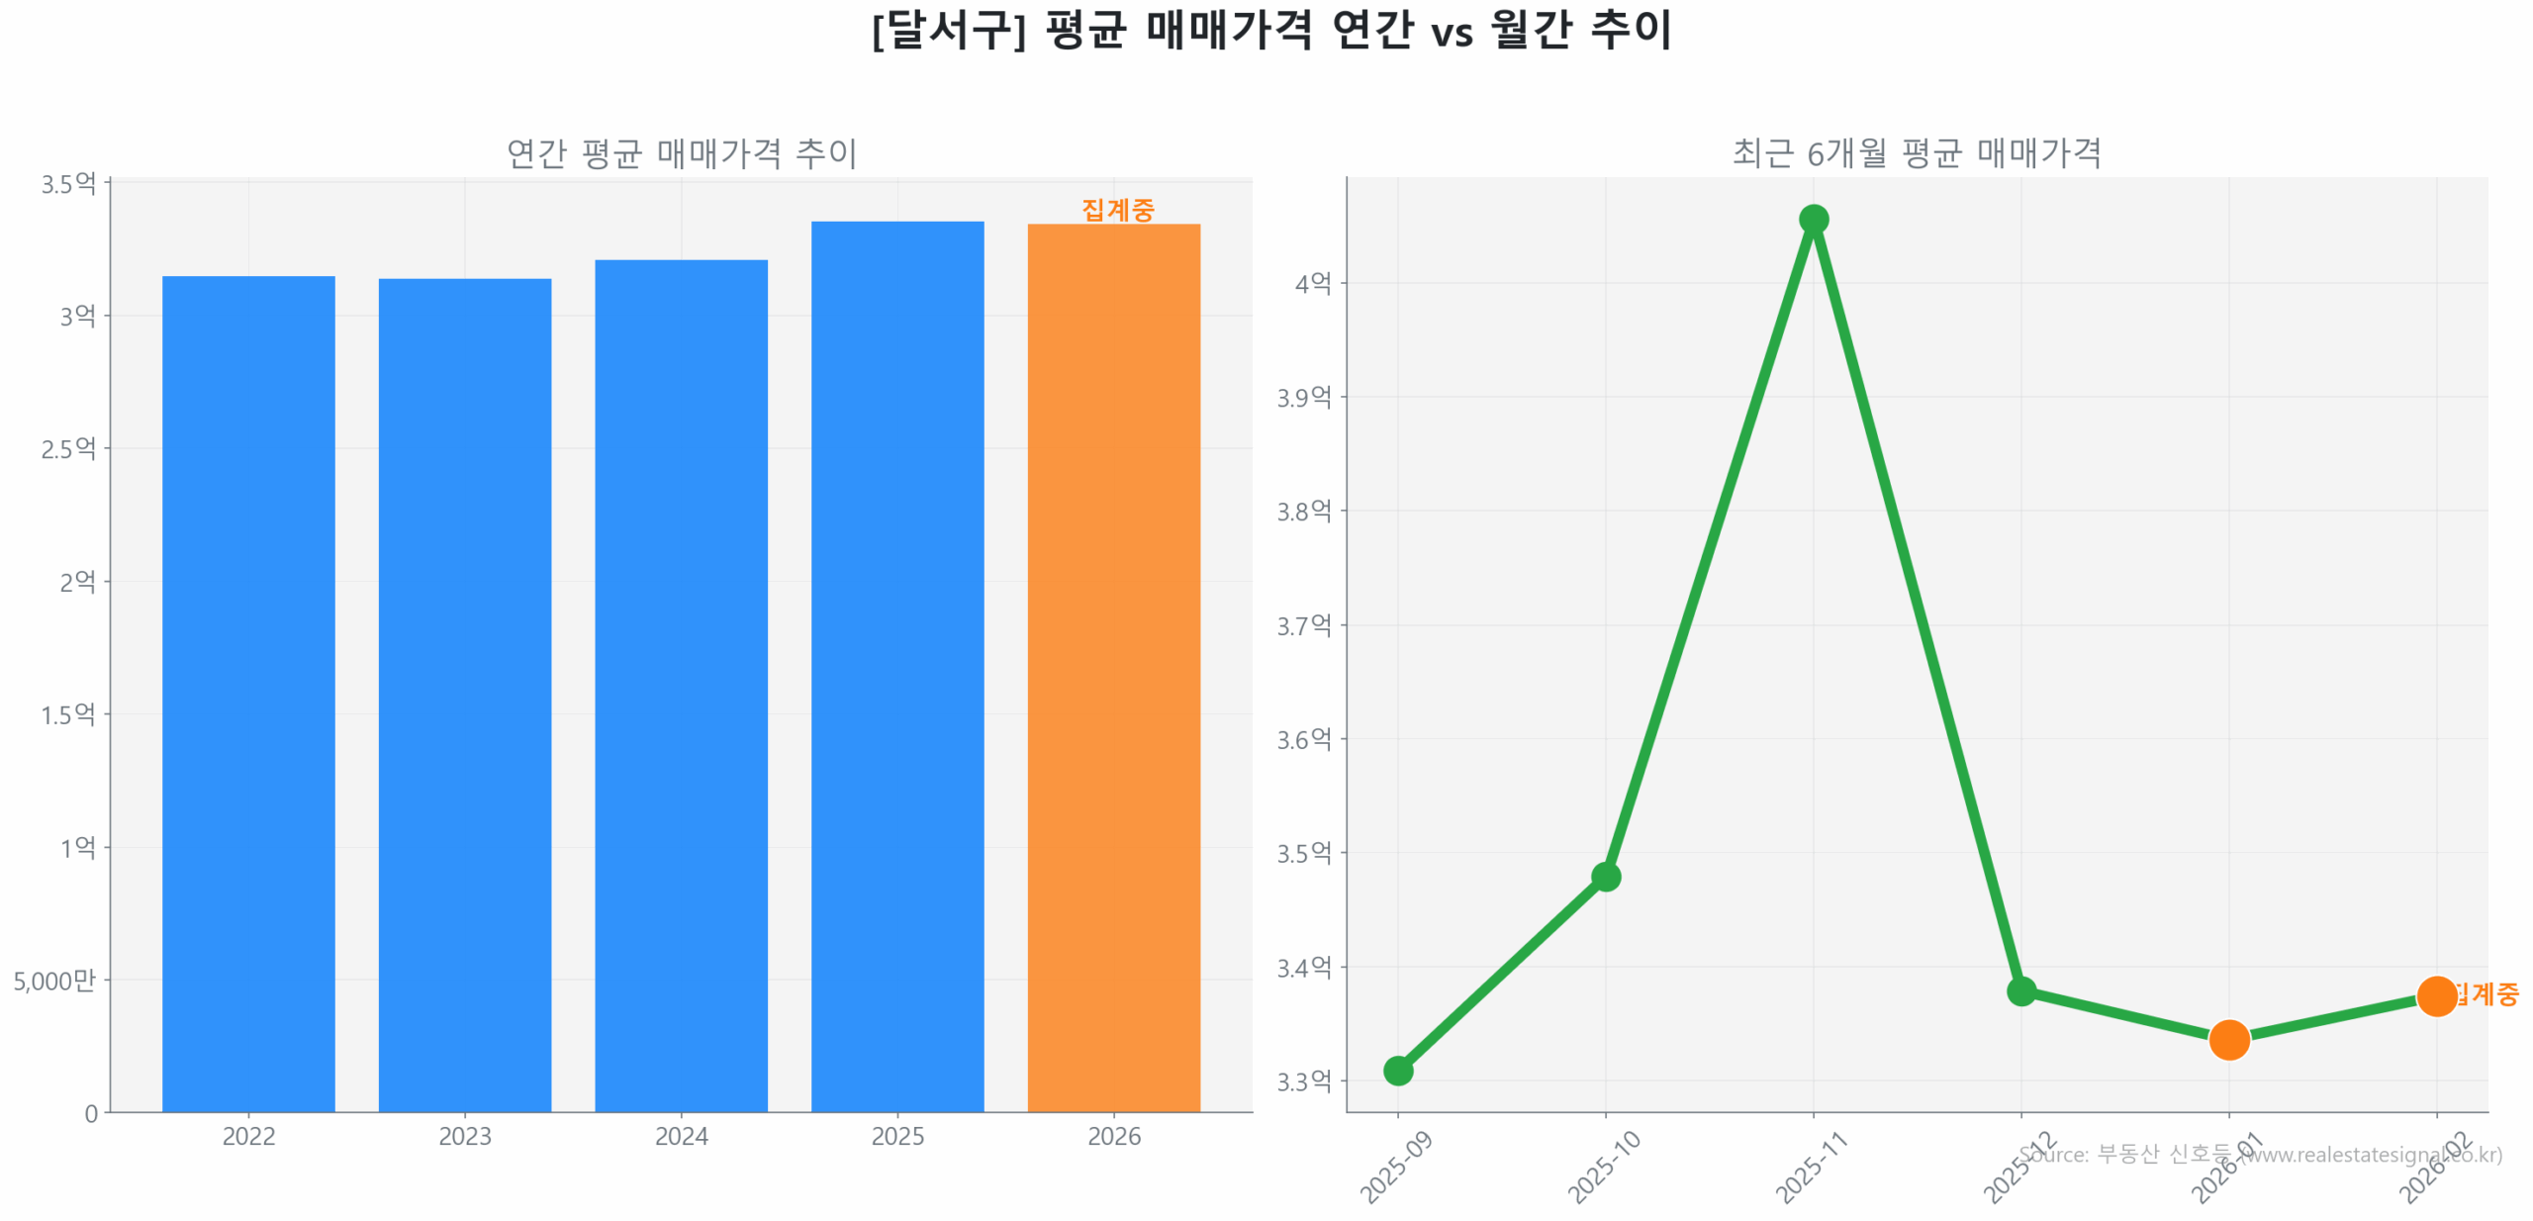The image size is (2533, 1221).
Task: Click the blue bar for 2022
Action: [x=248, y=693]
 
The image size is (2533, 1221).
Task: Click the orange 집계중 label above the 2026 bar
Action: [x=1117, y=210]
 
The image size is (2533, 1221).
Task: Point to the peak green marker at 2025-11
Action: [x=1813, y=219]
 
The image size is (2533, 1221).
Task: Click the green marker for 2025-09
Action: [x=1398, y=1070]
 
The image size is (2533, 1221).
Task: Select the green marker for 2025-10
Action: [x=1605, y=876]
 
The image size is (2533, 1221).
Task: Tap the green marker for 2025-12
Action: [x=2020, y=990]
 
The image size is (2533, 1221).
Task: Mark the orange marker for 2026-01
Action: [x=2228, y=1040]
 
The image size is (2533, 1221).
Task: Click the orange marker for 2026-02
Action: [x=2436, y=995]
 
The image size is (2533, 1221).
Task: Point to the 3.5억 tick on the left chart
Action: [x=67, y=184]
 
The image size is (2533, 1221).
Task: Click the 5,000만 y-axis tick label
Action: [x=54, y=981]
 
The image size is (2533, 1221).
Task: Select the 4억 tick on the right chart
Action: [x=1313, y=284]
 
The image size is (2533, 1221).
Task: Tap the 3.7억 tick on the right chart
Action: [x=1304, y=625]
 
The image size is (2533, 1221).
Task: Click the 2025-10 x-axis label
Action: [x=1603, y=1168]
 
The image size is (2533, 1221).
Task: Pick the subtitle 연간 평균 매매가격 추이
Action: [x=681, y=153]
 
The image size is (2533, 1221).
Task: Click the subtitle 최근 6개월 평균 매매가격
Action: [x=1916, y=153]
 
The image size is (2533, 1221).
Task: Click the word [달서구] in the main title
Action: [x=948, y=30]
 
